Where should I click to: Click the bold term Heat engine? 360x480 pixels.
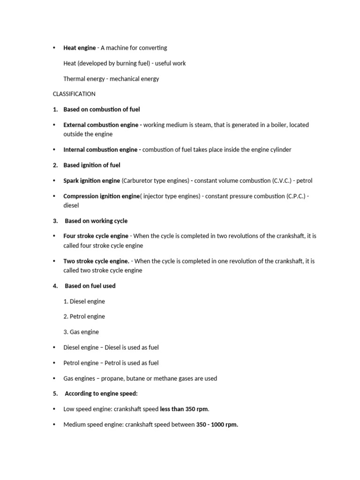coord(79,48)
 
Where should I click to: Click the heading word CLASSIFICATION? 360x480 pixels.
coord(74,94)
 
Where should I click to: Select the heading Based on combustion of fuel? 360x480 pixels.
coord(101,109)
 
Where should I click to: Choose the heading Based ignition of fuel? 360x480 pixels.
coord(92,165)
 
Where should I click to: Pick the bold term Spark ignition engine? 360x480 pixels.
coord(91,180)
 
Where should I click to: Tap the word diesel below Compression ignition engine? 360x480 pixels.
coord(71,205)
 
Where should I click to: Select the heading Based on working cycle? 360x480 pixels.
coord(96,221)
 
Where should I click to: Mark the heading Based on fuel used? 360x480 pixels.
coord(90,286)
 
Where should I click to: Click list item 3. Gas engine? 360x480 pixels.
coord(81,332)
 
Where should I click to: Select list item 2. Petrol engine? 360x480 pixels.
coord(84,316)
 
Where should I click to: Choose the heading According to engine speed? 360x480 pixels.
coord(101,394)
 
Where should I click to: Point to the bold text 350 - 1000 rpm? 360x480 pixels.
coord(217,425)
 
